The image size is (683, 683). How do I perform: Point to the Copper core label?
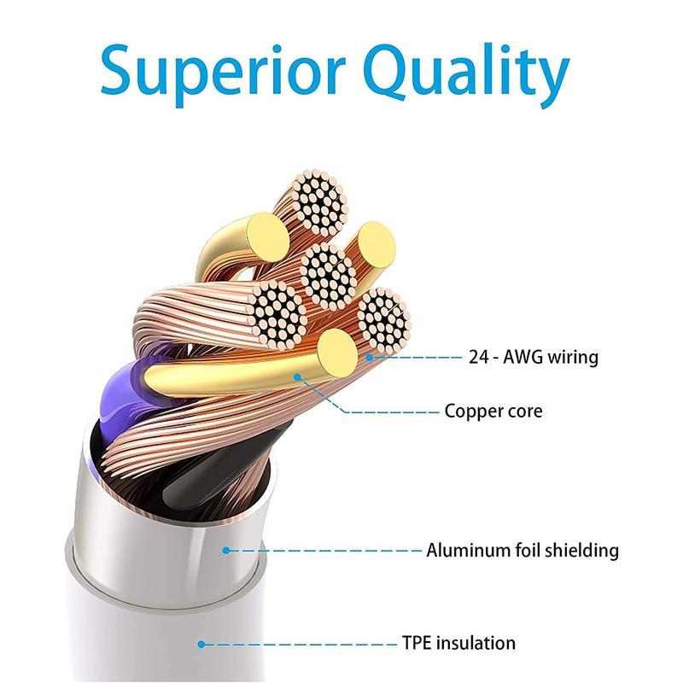pyautogui.click(x=493, y=412)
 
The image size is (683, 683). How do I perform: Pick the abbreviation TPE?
pyautogui.click(x=418, y=643)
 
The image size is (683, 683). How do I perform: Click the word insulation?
pyautogui.click(x=477, y=643)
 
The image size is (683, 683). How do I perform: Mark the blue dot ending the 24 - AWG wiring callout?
pyautogui.click(x=371, y=357)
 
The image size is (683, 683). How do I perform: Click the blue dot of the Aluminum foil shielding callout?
pyautogui.click(x=226, y=551)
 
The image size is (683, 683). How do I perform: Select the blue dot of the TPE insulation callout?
pyautogui.click(x=201, y=644)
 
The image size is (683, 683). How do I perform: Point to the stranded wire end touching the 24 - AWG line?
pyautogui.click(x=382, y=323)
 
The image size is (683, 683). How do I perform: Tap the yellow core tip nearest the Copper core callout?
pyautogui.click(x=336, y=352)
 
